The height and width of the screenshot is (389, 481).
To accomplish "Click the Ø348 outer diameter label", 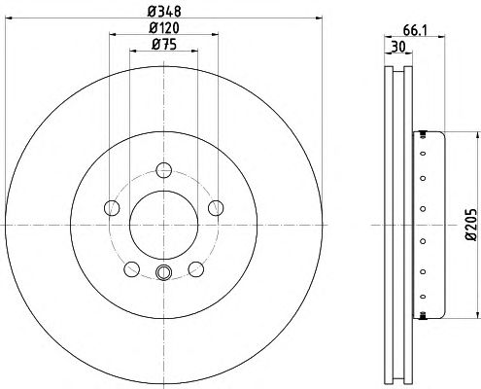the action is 164,12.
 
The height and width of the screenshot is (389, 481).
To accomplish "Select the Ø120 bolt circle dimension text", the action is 164,28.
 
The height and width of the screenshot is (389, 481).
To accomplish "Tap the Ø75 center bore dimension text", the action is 164,45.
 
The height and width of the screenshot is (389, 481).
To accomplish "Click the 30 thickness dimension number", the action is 398,48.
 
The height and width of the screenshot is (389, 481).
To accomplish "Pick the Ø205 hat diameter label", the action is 471,225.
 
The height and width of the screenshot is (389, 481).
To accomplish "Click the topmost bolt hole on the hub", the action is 163,170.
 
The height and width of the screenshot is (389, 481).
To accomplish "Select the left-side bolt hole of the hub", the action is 112,208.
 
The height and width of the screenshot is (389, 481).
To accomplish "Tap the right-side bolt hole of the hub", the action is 216,208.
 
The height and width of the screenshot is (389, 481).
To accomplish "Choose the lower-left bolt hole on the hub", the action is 132,269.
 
